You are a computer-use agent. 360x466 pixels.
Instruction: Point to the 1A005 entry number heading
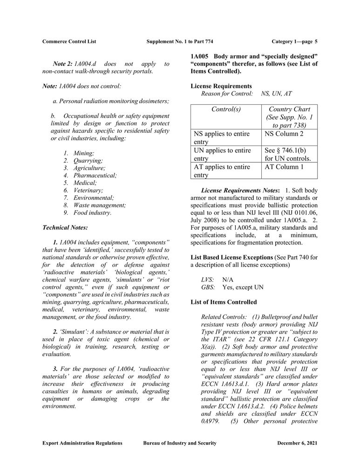pos(200,56)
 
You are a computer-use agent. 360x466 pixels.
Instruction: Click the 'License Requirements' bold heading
pos(221,86)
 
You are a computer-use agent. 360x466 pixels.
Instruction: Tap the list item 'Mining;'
pos(83,153)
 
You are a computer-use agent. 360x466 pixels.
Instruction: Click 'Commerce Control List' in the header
pos(69,41)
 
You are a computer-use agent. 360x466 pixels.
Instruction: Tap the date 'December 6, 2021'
pos(297,443)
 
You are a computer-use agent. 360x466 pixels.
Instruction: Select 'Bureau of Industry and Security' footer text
pos(180,443)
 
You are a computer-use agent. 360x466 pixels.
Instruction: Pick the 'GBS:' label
pos(208,287)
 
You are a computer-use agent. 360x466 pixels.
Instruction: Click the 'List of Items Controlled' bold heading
pos(224,302)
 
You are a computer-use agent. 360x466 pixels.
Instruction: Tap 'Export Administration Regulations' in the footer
pos(82,443)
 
